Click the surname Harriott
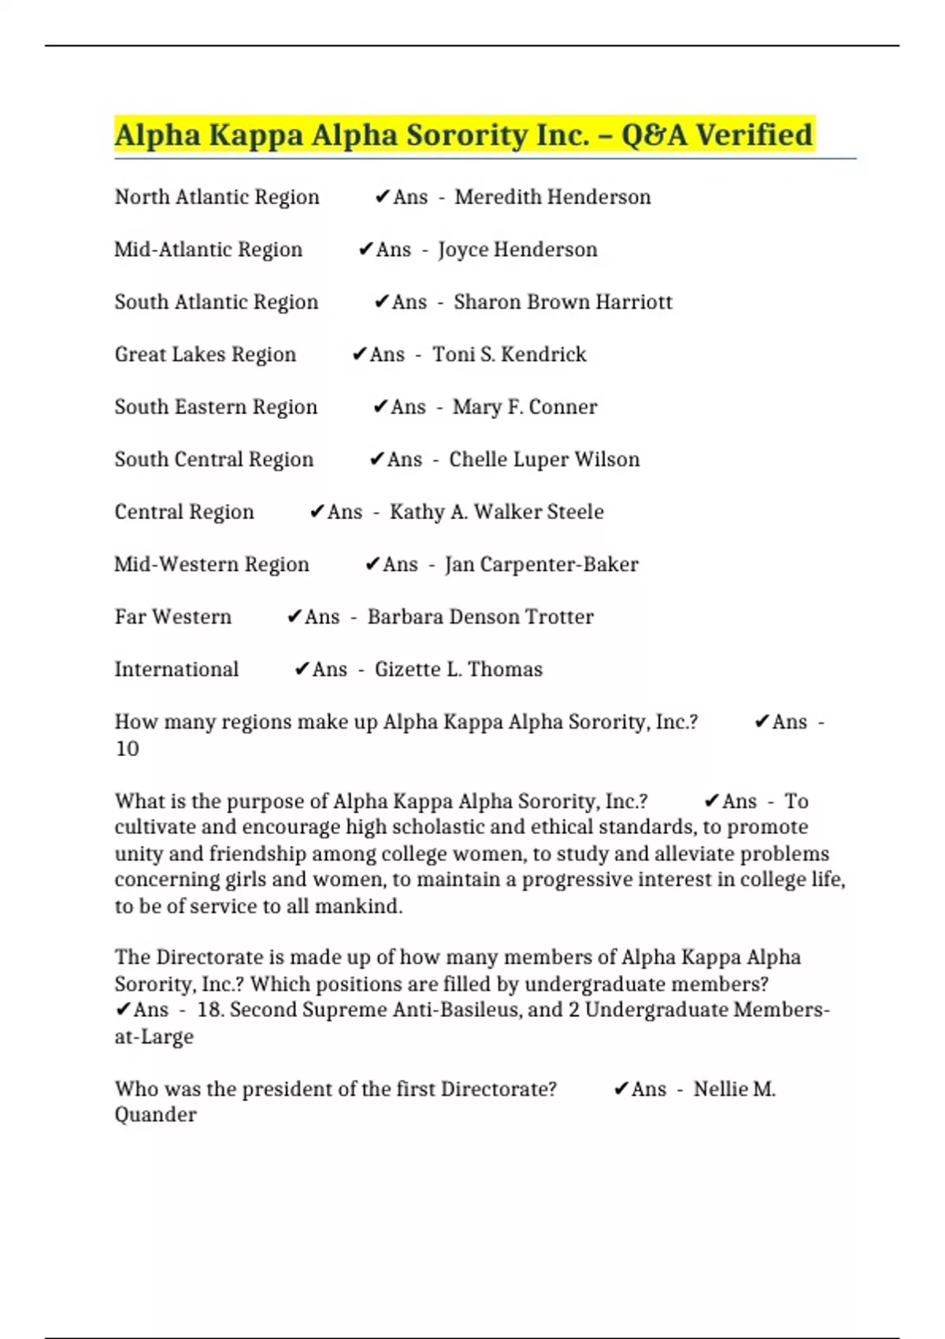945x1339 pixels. (x=634, y=302)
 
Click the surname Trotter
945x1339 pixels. (x=559, y=617)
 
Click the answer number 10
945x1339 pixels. (x=127, y=748)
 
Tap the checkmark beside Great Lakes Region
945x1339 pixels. (x=359, y=354)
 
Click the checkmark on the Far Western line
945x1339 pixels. (x=295, y=617)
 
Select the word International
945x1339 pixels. (x=176, y=669)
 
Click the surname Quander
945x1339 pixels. (x=155, y=1115)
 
